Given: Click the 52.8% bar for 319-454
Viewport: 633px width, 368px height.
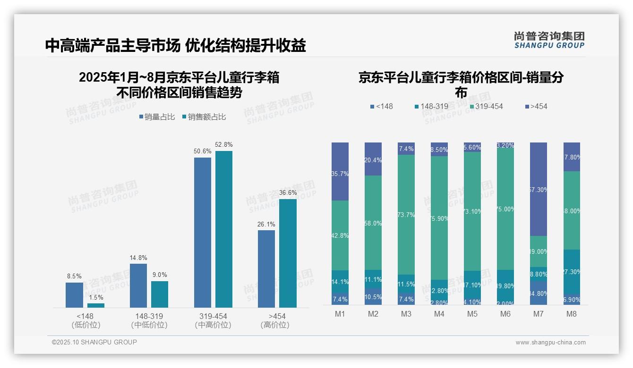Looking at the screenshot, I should click(x=224, y=229).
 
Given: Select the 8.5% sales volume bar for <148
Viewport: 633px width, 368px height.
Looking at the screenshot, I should click(x=74, y=295).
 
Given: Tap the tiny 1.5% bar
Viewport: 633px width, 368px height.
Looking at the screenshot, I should click(x=96, y=305).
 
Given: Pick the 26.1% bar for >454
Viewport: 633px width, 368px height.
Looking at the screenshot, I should click(x=266, y=269).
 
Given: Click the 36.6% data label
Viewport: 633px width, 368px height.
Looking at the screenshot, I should click(x=288, y=192).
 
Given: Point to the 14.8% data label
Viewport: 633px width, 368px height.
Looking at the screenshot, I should click(x=138, y=258).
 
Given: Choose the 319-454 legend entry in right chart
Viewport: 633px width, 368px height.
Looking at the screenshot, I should click(x=485, y=107).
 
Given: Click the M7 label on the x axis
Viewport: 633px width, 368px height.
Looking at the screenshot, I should click(x=539, y=314).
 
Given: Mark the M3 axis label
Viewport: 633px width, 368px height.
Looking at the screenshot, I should click(x=406, y=314).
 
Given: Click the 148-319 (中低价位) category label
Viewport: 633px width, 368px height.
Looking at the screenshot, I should click(x=149, y=320).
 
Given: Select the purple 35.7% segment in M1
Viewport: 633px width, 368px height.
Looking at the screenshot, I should click(x=340, y=171).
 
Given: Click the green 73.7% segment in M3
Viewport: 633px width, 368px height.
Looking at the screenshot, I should click(x=406, y=215).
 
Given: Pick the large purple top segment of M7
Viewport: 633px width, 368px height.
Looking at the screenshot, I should click(x=539, y=189).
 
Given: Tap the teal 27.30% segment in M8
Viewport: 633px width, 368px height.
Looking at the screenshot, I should click(x=572, y=272).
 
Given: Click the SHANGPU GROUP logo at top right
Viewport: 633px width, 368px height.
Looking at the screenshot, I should click(x=549, y=40).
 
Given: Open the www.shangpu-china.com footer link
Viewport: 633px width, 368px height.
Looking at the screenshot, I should click(x=550, y=343).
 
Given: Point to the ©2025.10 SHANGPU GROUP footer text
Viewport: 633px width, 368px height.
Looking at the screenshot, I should click(x=94, y=343).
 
